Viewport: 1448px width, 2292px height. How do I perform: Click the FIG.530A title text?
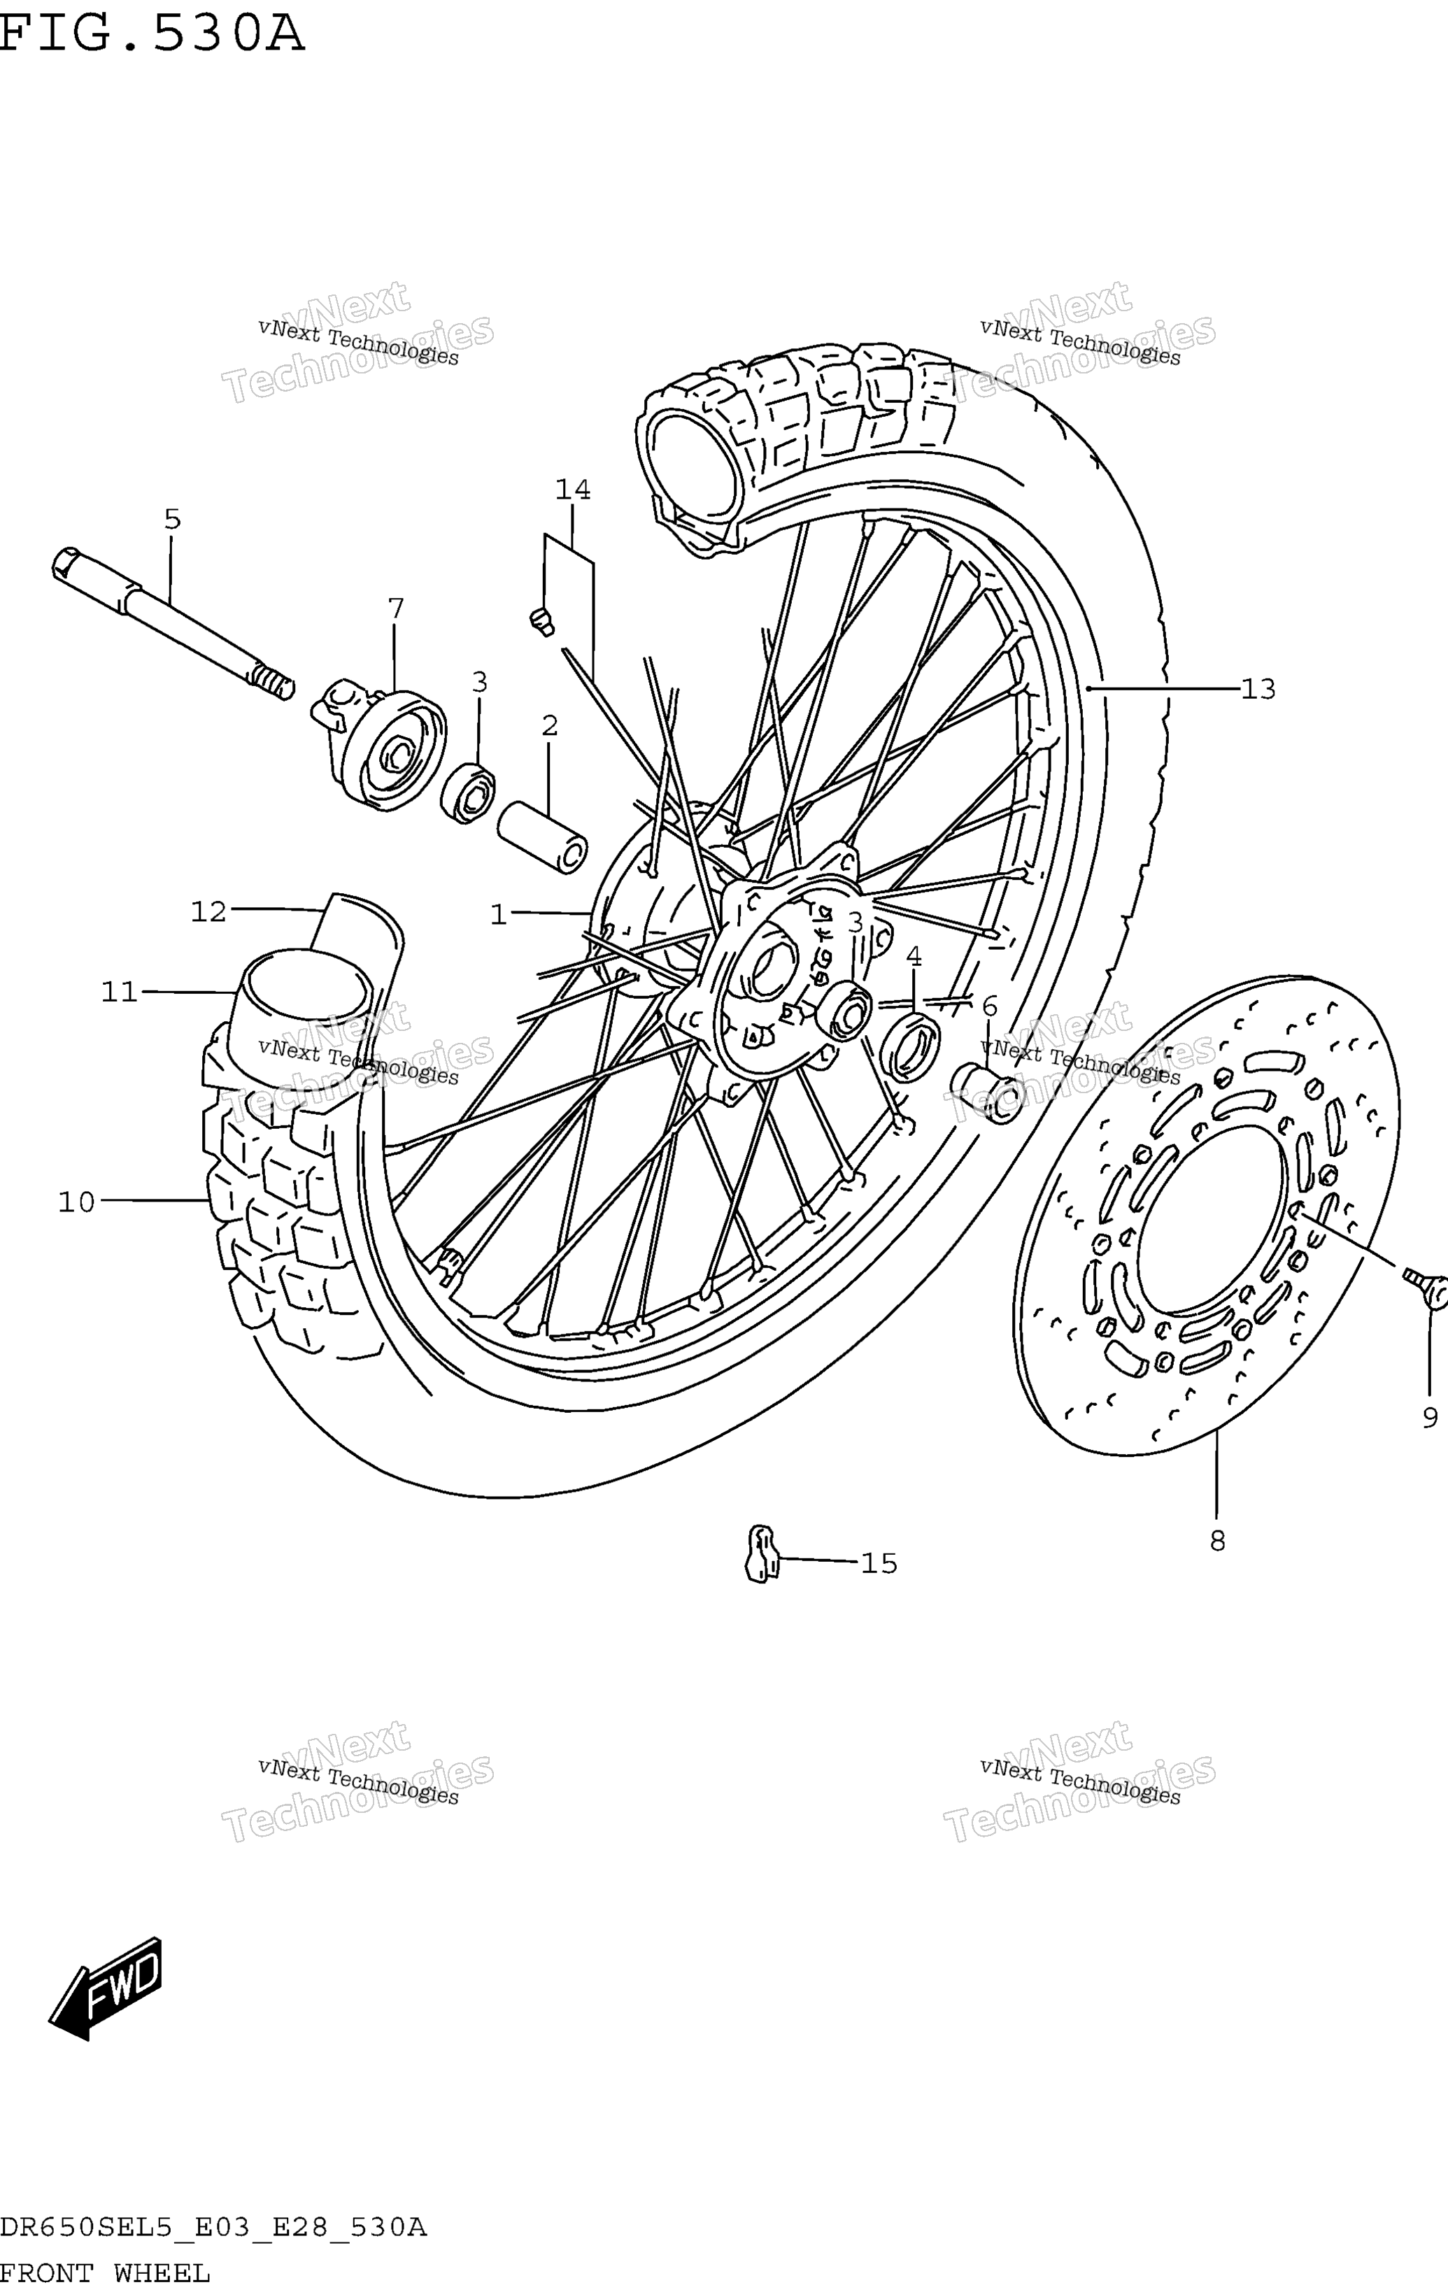click(x=152, y=35)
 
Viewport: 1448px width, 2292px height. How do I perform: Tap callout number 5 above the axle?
click(x=172, y=519)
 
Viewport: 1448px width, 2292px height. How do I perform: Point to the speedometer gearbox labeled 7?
click(x=379, y=743)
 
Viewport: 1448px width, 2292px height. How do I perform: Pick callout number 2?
click(x=549, y=725)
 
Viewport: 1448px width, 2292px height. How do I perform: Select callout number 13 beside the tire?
click(x=1258, y=688)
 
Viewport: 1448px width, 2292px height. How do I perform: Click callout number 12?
click(x=208, y=912)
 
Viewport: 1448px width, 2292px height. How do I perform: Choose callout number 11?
click(x=120, y=992)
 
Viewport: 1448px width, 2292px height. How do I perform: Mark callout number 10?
click(x=77, y=1202)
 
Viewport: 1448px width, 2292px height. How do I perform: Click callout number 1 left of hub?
click(x=498, y=915)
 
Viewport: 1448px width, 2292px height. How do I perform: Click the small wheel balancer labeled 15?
click(x=760, y=1553)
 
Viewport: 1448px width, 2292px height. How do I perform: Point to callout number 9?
click(x=1430, y=1418)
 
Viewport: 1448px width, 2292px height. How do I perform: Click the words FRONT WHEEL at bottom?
click(x=105, y=2274)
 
